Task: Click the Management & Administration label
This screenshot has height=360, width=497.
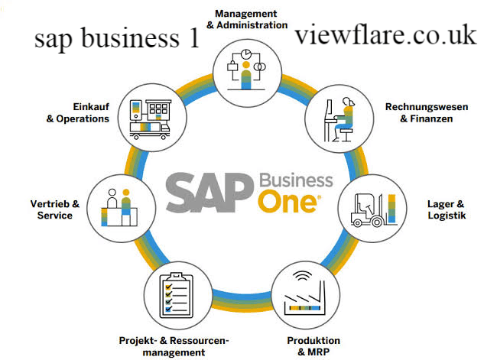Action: (x=247, y=19)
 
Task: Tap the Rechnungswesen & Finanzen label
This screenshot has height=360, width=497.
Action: (x=427, y=113)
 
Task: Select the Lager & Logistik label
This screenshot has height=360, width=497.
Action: (x=447, y=209)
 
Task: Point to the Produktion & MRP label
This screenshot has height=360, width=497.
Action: (x=313, y=346)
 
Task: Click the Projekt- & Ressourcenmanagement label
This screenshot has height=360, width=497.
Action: (x=174, y=346)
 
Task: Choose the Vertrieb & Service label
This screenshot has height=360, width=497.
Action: (x=55, y=209)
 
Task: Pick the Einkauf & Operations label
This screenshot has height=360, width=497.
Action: (x=78, y=112)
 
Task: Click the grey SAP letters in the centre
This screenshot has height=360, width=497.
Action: (x=210, y=193)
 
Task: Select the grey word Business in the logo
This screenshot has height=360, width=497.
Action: (x=297, y=180)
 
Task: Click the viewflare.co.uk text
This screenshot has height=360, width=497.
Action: (x=385, y=34)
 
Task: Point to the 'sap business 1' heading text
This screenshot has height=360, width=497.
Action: (x=117, y=39)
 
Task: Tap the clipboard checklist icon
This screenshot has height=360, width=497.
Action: (x=177, y=295)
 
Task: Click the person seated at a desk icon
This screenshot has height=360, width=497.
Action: (x=339, y=119)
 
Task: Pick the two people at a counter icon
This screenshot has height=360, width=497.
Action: (x=119, y=207)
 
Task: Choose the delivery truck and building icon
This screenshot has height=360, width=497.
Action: (x=150, y=119)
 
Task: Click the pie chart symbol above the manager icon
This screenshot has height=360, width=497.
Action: (x=246, y=54)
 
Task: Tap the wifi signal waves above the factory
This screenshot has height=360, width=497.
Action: (x=302, y=276)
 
